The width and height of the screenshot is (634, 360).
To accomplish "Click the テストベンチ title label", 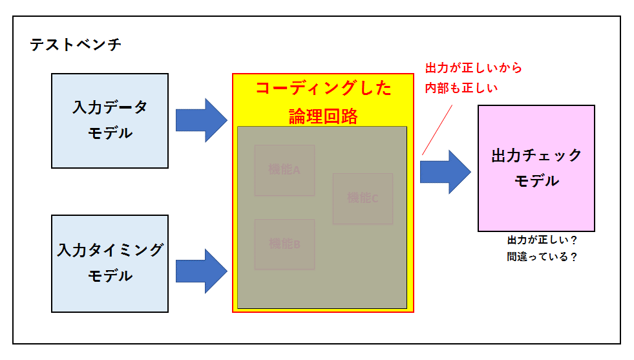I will point(75,45).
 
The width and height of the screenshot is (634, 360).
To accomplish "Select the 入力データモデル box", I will point(110,121).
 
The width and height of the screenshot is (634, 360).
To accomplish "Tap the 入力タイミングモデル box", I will point(110,264).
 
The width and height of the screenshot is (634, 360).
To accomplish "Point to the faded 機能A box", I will point(284,170).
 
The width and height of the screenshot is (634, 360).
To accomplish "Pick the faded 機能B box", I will point(284,244).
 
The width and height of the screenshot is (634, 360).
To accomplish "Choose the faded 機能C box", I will point(363,198).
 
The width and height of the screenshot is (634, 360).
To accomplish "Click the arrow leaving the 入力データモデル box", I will point(201,120).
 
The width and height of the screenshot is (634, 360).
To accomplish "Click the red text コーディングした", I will point(323,89).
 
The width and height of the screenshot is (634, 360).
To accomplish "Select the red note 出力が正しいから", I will point(473,68).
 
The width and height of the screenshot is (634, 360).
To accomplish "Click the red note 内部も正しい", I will point(461,89).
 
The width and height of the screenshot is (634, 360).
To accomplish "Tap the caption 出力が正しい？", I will point(542,240).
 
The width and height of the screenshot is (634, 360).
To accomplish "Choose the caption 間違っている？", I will point(542,257).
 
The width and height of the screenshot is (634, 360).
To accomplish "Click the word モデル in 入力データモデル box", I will point(110,133).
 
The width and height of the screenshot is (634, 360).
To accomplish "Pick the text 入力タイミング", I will point(110,250).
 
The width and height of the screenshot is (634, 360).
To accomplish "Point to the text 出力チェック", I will point(536,156).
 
